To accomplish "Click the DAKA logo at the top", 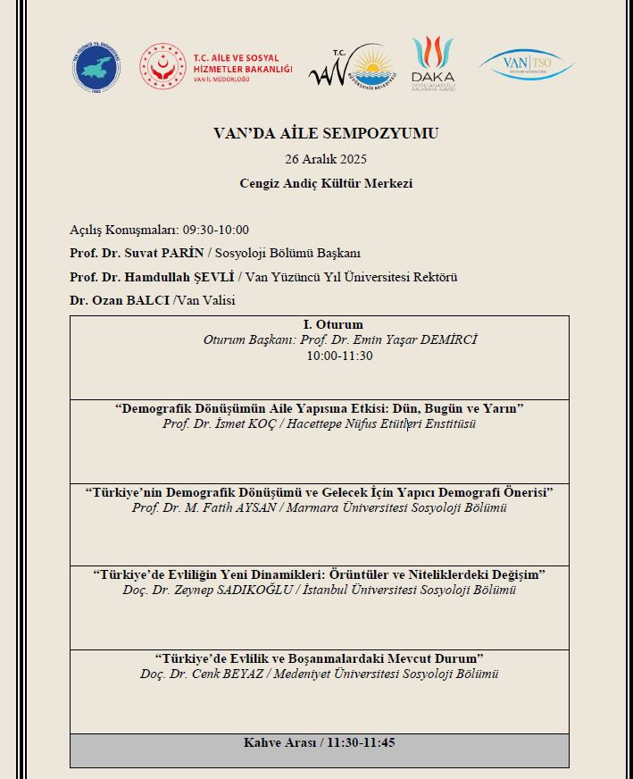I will [433, 62].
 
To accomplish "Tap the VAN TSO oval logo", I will [527, 63].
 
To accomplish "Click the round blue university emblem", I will [96, 67].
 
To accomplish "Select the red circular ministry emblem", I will [162, 67].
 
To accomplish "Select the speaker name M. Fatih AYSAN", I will [238, 507].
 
